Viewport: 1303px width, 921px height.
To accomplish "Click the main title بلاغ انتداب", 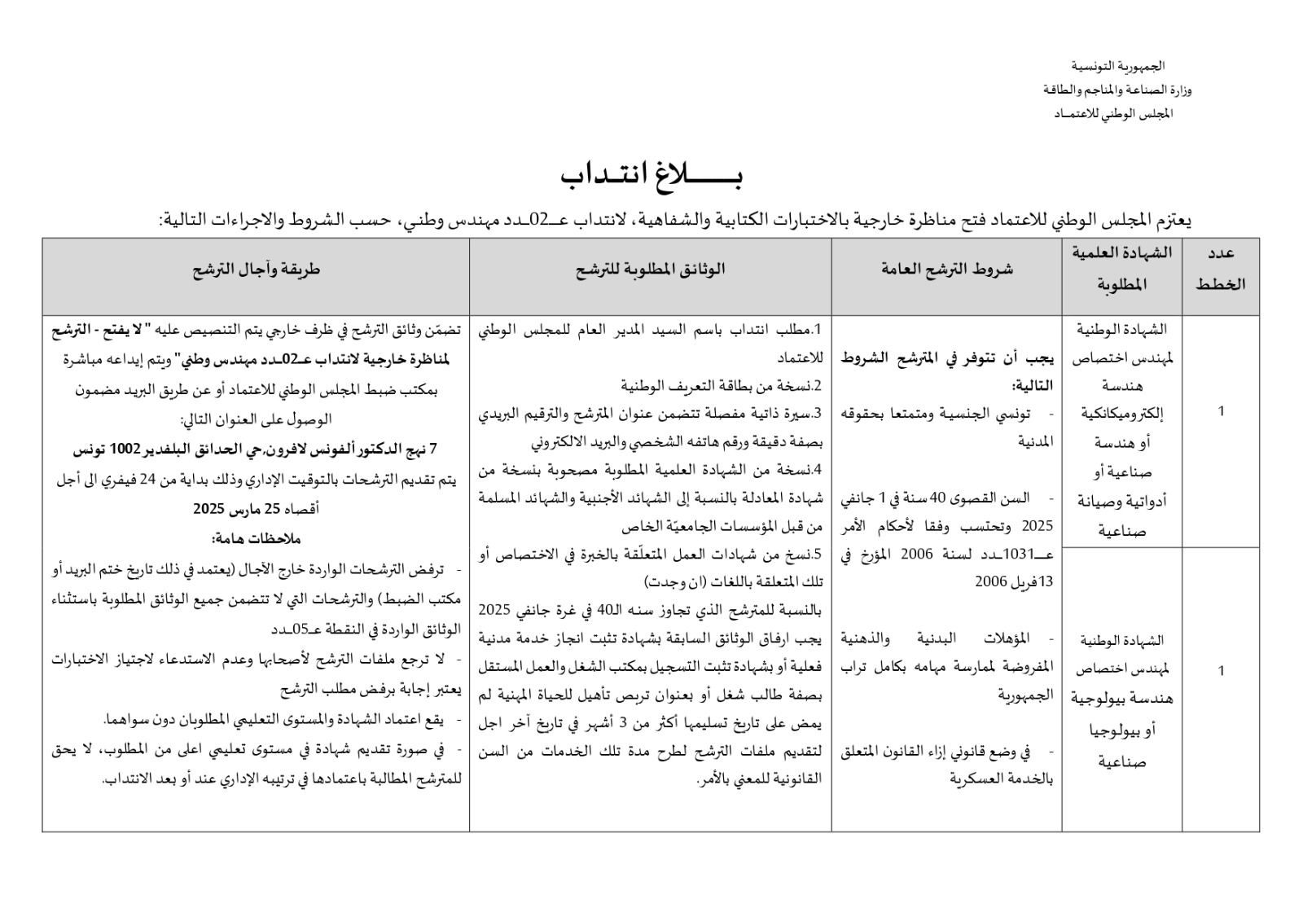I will [651, 175].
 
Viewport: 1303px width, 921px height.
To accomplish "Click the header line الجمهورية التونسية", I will [1117, 66].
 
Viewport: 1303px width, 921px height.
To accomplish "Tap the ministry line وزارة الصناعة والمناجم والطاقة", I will [1117, 90].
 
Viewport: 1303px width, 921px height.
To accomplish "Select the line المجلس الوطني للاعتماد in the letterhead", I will [1113, 113].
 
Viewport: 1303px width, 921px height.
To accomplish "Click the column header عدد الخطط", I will [1220, 269].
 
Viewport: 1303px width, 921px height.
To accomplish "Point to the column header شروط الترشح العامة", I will [947, 269].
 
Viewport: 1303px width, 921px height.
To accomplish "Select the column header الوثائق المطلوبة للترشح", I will [650, 269].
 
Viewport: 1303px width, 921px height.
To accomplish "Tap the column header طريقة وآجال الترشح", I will [256, 269].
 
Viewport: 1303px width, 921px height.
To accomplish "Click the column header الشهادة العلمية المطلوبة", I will [1122, 269].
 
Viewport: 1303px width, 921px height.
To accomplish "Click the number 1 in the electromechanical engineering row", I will [1221, 412].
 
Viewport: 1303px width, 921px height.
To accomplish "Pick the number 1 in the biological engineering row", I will [1221, 671].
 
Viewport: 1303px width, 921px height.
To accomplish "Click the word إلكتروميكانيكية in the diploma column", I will [1122, 414].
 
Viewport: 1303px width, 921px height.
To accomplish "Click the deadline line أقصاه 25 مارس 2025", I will [256, 509].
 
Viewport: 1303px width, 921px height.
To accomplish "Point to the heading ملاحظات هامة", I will [256, 539].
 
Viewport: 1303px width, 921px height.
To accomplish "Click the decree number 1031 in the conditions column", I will [1020, 555].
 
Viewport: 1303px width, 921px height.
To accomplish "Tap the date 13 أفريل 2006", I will [1013, 582].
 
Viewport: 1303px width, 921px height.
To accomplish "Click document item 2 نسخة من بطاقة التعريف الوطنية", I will [721, 385].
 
